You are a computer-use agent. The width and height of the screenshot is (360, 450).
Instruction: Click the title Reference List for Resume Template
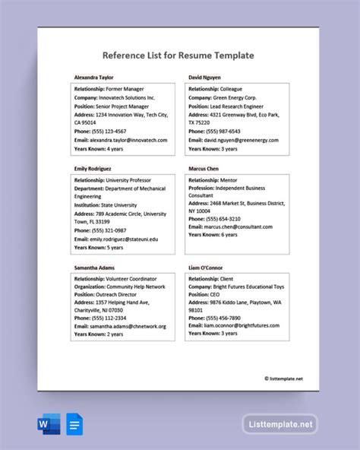[x=178, y=55]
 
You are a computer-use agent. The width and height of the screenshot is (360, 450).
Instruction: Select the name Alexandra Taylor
[x=95, y=78]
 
